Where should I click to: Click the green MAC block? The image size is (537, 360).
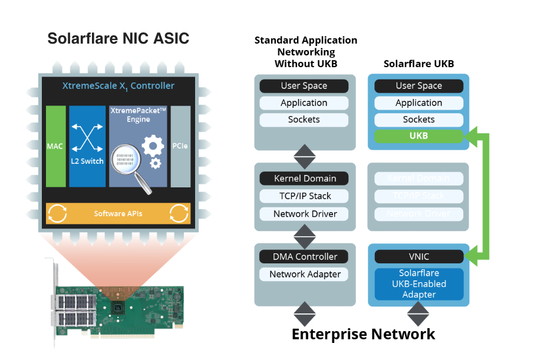pyautogui.click(x=55, y=146)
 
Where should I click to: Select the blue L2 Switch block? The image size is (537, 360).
pyautogui.click(x=87, y=146)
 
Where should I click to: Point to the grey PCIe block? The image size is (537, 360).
pyautogui.click(x=180, y=146)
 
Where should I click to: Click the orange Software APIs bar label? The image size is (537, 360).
pyautogui.click(x=118, y=213)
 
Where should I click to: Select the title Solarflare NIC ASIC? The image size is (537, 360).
pyautogui.click(x=118, y=39)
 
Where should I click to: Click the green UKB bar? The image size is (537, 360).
pyautogui.click(x=419, y=136)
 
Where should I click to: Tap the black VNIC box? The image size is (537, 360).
pyautogui.click(x=419, y=256)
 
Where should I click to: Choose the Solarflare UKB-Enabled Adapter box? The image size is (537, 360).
pyautogui.click(x=419, y=284)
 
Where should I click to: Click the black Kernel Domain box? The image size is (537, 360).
pyautogui.click(x=304, y=179)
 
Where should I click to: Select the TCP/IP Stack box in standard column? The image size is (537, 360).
pyautogui.click(x=304, y=196)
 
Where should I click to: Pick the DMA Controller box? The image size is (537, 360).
pyautogui.click(x=304, y=256)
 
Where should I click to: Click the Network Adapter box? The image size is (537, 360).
pyautogui.click(x=304, y=274)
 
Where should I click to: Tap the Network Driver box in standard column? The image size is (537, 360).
pyautogui.click(x=304, y=214)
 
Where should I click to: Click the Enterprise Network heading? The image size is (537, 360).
pyautogui.click(x=363, y=334)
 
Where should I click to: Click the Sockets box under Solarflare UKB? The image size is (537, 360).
pyautogui.click(x=419, y=120)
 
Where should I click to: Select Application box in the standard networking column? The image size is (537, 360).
pyautogui.click(x=304, y=103)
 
